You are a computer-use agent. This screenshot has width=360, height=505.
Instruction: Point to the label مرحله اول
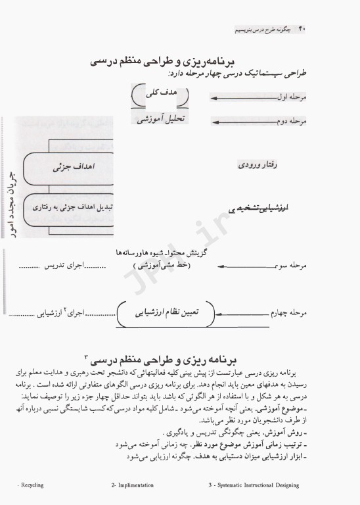289,97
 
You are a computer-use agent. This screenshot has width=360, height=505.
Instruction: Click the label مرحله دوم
289,122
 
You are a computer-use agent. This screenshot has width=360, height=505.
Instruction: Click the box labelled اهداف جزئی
72,168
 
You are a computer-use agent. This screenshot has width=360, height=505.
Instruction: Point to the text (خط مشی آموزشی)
160,266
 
